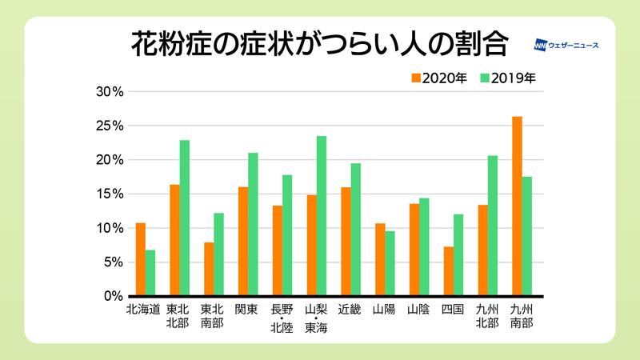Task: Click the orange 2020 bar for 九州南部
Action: (x=517, y=206)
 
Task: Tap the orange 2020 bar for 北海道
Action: (x=141, y=259)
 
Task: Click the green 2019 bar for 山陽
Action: (x=390, y=263)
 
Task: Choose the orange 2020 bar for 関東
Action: (x=243, y=242)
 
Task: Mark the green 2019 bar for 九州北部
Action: (x=493, y=226)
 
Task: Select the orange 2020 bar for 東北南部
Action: (x=209, y=269)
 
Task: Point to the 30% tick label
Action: (x=109, y=92)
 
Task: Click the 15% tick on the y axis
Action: (x=109, y=194)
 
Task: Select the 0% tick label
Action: (x=112, y=296)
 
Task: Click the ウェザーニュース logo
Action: (x=566, y=45)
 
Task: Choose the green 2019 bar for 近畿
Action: (x=356, y=230)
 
